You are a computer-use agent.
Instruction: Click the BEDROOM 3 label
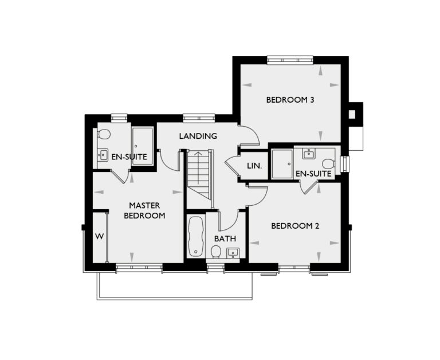tap(290, 100)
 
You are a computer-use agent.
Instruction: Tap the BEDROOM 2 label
tap(295, 226)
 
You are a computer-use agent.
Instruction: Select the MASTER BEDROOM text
tap(147, 210)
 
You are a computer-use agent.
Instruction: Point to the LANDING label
tap(198, 136)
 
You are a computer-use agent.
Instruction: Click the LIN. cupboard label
tap(254, 166)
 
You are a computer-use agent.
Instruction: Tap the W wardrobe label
tap(99, 236)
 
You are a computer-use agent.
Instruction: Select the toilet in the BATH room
tap(217, 252)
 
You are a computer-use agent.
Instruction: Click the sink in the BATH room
tap(233, 252)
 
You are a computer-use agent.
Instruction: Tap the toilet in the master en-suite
tap(104, 135)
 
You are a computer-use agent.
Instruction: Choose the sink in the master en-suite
tap(103, 154)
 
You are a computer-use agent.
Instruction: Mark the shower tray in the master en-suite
tap(143, 146)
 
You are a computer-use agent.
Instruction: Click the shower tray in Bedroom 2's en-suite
tap(281, 163)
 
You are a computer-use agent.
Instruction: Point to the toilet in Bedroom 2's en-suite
tap(328, 163)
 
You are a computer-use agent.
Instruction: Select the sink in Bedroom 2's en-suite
tap(309, 153)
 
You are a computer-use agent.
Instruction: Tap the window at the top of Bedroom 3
tap(290, 59)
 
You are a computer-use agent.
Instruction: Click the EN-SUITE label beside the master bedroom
tap(129, 156)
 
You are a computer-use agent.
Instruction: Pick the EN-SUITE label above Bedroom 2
tap(314, 173)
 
